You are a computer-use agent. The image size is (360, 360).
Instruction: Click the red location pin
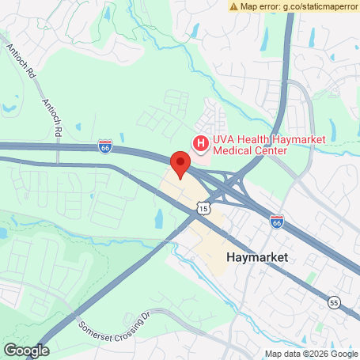(x=180, y=165)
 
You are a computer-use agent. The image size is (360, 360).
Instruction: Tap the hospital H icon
(x=200, y=143)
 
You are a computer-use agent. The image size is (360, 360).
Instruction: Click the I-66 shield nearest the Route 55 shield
(x=276, y=222)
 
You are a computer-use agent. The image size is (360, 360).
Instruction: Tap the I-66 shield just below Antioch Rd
(x=105, y=146)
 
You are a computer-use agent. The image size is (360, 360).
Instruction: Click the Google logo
(x=26, y=350)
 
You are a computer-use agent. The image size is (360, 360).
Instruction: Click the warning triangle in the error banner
(x=234, y=6)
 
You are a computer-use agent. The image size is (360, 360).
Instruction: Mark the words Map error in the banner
(x=260, y=6)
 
